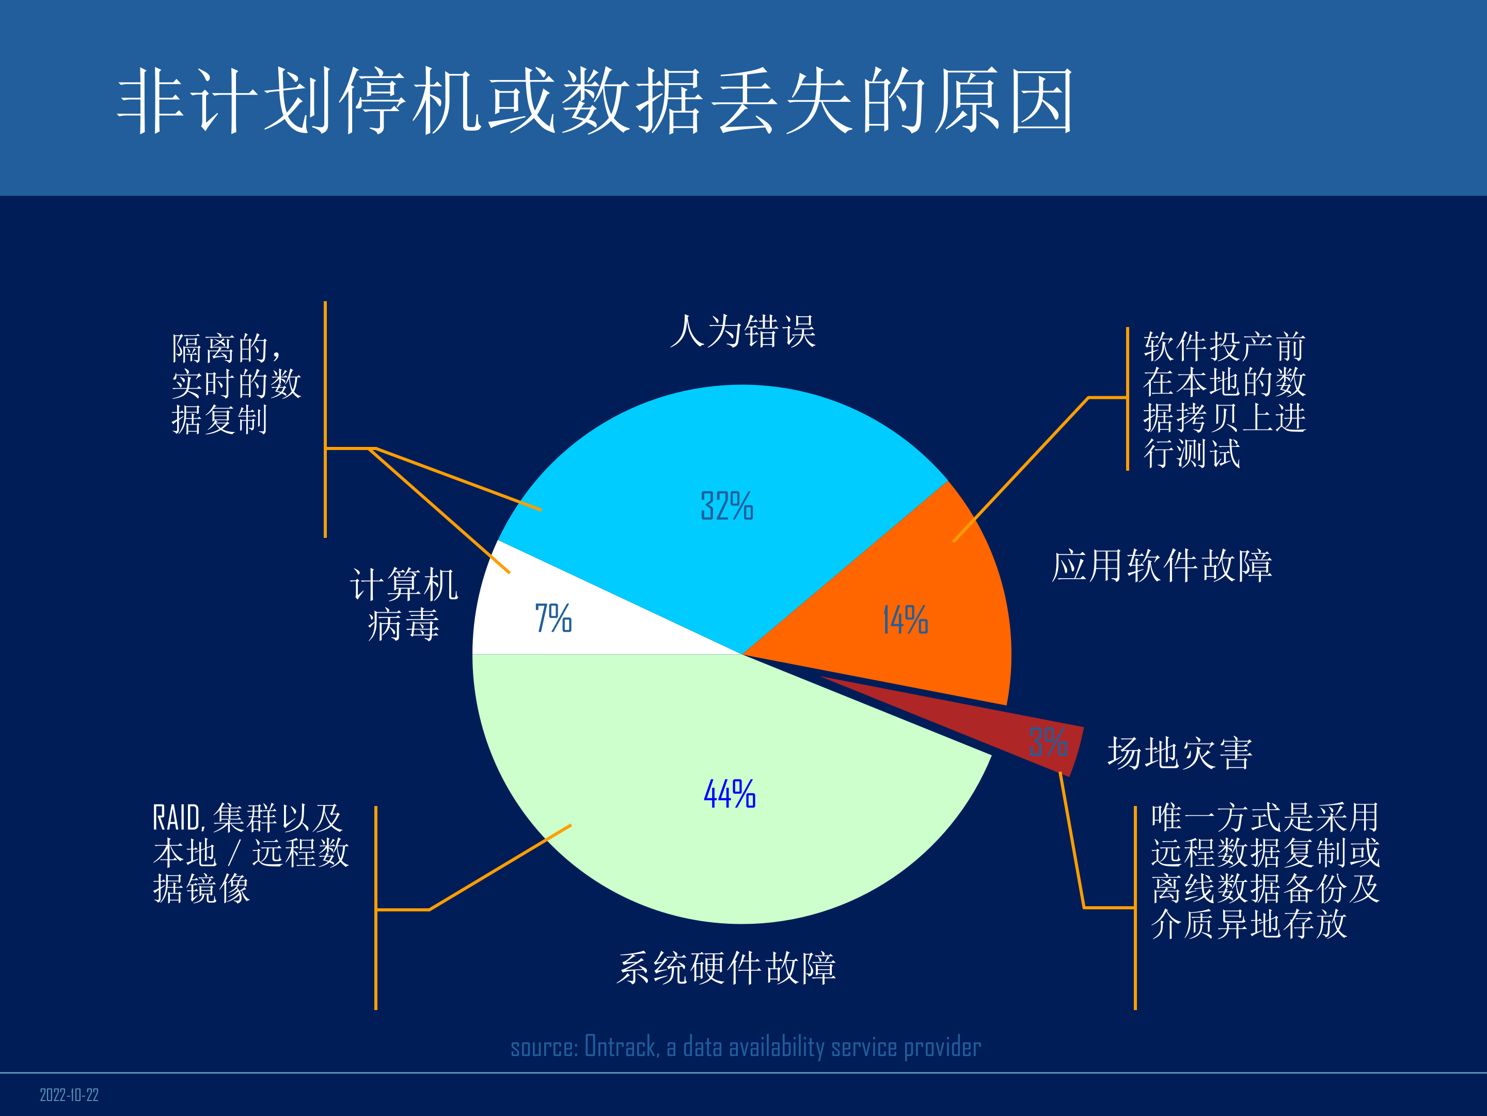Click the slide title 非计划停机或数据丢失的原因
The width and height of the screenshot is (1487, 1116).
click(x=595, y=101)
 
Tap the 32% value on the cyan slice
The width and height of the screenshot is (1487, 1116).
click(x=726, y=506)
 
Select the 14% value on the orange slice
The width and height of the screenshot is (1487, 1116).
click(x=905, y=619)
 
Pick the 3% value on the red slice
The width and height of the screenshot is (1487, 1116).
click(x=1047, y=742)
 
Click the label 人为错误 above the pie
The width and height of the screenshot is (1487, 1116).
click(x=743, y=331)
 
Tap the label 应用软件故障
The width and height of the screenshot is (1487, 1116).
click(x=1162, y=565)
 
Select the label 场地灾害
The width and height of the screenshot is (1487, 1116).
click(x=1180, y=753)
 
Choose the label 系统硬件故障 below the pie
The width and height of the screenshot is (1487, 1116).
click(x=726, y=968)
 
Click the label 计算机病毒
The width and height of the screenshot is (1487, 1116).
click(x=404, y=604)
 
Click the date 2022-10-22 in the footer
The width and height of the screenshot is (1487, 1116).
click(x=69, y=1095)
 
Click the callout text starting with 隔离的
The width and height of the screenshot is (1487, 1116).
click(x=235, y=383)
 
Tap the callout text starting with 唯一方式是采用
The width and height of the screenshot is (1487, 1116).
click(x=1264, y=871)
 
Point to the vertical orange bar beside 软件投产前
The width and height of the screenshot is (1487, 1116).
click(x=1127, y=398)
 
